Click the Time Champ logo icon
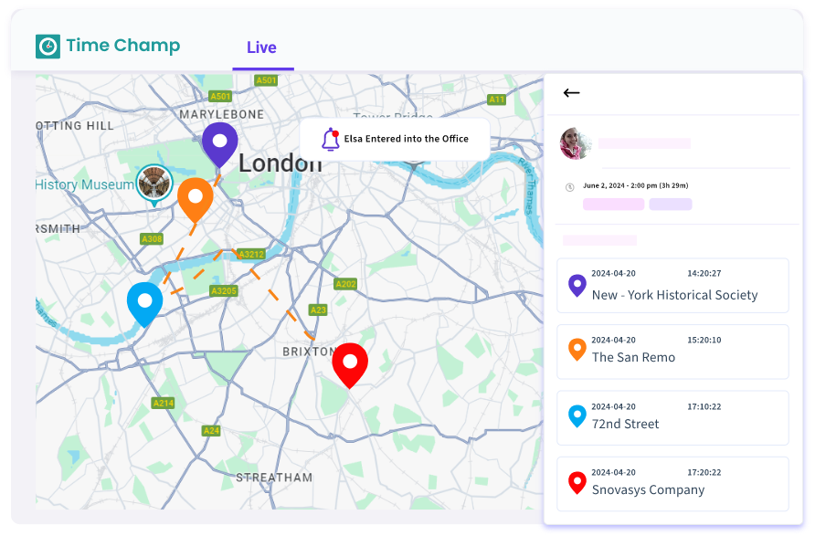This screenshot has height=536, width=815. point(48,46)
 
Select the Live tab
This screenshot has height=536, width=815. point(261,47)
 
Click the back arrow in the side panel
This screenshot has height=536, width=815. point(572,92)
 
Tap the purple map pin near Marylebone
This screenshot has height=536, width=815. point(219,143)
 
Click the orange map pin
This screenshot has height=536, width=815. point(195,199)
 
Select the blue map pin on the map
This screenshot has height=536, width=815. point(144,303)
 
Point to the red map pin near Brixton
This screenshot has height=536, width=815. point(350,364)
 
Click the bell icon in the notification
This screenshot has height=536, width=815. point(330,139)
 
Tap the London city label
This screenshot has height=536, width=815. point(280,164)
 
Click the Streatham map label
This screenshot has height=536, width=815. point(274,478)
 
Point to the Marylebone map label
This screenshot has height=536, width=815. point(221,115)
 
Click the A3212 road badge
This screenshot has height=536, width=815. point(250,254)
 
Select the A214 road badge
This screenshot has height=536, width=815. point(164,403)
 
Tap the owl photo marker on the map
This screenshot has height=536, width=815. point(153,182)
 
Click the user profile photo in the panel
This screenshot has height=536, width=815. point(577,143)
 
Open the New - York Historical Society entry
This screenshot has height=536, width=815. point(672,286)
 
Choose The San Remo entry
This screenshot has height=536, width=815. point(672,352)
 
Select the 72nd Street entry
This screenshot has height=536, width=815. point(672,418)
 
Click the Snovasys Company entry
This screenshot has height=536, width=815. point(672,484)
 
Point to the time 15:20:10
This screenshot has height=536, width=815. point(704,340)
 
